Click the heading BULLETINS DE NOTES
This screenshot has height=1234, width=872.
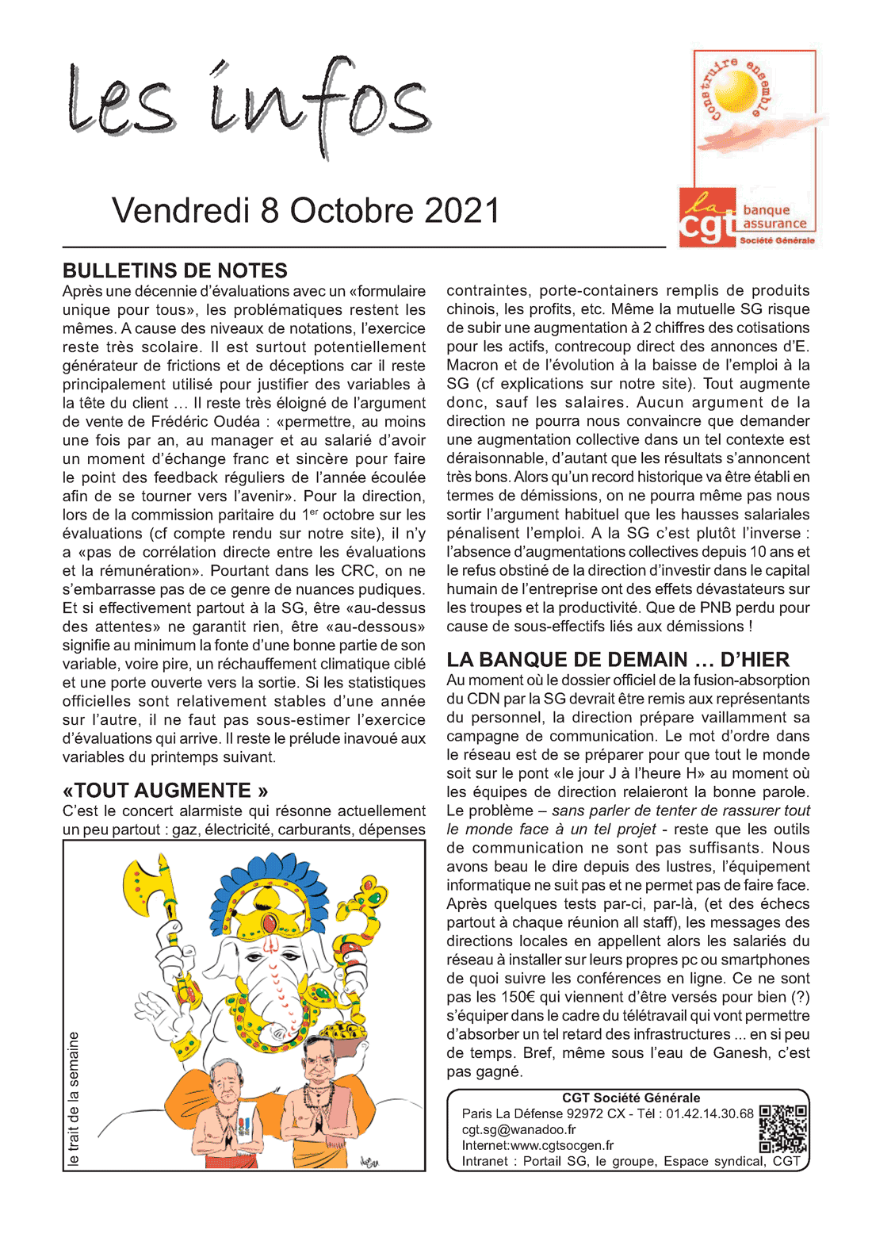pyautogui.click(x=174, y=270)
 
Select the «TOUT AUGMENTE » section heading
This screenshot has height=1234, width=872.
pyautogui.click(x=165, y=791)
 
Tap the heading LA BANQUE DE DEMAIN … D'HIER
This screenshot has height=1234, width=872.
pyautogui.click(x=618, y=660)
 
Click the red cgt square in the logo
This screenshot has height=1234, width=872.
pyautogui.click(x=707, y=217)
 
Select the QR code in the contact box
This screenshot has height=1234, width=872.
pyautogui.click(x=783, y=1129)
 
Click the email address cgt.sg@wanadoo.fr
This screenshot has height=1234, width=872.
pyautogui.click(x=518, y=1130)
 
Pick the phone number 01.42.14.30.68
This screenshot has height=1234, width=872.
pyautogui.click(x=709, y=1114)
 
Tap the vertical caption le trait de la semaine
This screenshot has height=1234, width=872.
pyautogui.click(x=74, y=1098)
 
